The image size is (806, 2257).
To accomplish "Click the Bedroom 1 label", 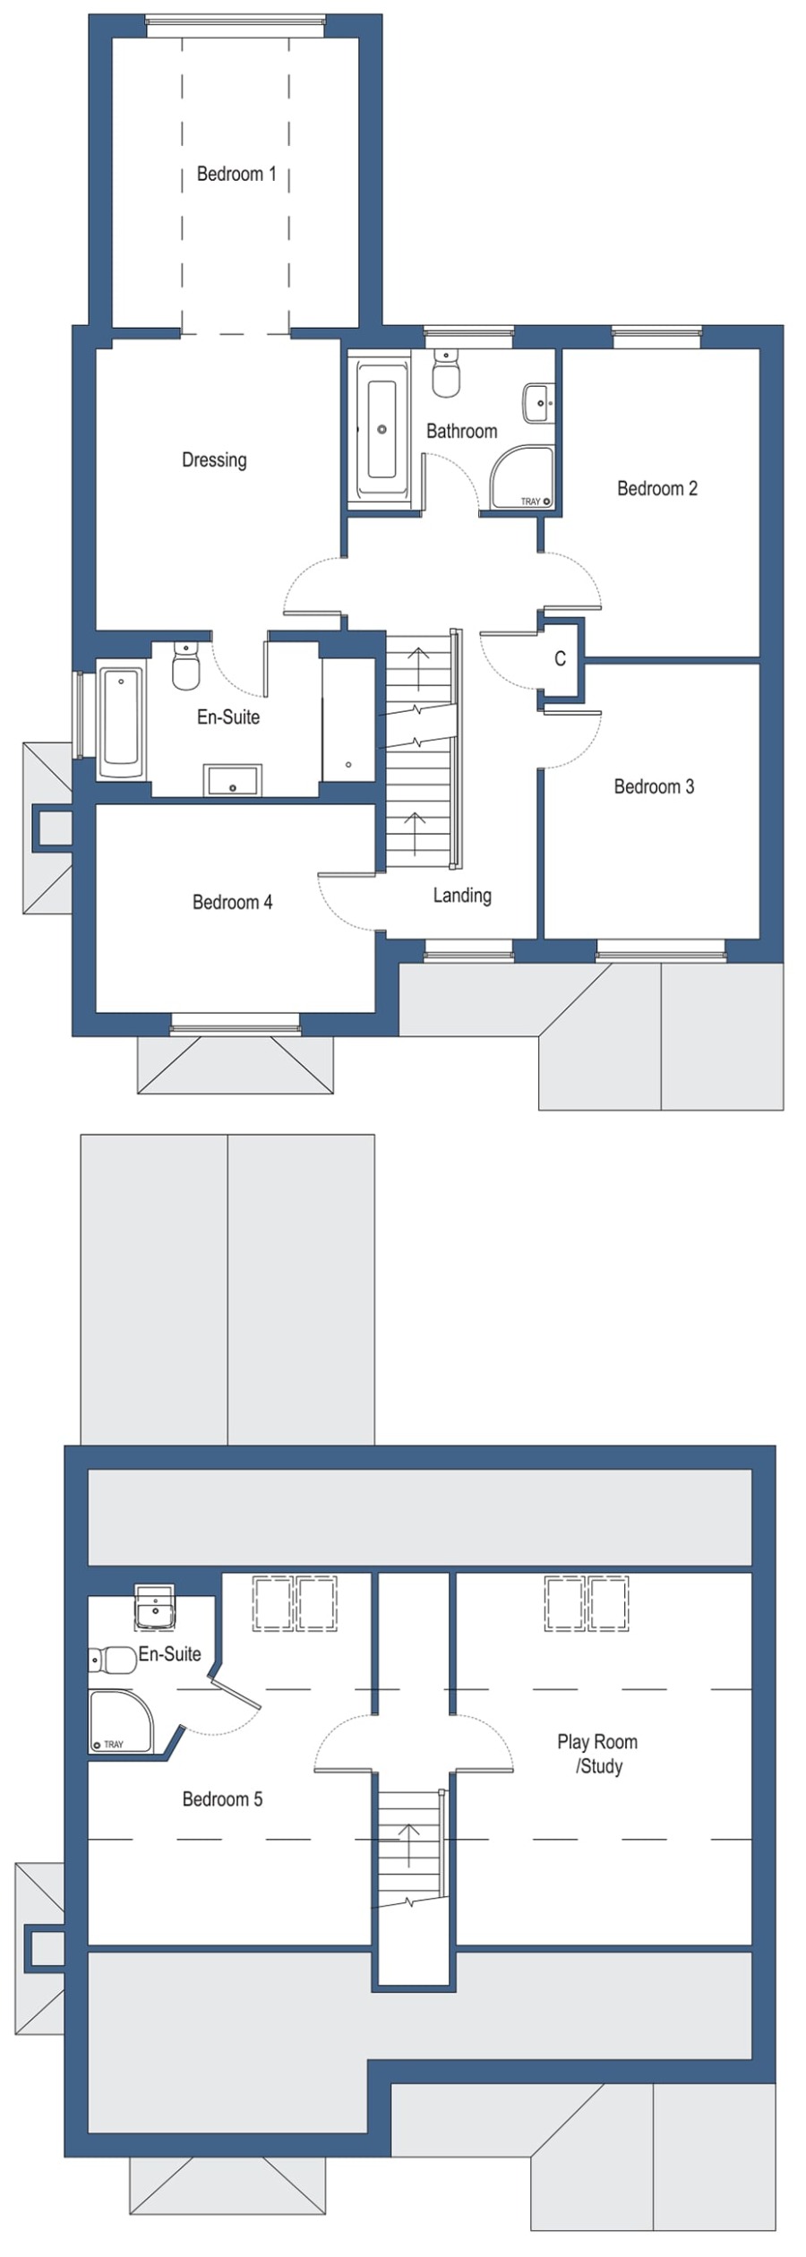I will (236, 174).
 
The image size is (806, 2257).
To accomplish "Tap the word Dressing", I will (213, 460).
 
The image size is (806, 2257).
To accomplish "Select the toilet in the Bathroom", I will (445, 373).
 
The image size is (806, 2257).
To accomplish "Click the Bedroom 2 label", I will (656, 489).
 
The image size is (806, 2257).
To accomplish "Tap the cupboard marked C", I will (560, 659).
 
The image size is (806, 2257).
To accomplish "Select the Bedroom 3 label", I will (653, 787).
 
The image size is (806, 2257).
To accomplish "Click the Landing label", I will (461, 896).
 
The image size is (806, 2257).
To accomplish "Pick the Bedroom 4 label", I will (232, 903).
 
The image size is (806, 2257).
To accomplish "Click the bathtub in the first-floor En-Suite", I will (120, 722).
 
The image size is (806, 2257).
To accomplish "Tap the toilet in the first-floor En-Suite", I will (185, 667).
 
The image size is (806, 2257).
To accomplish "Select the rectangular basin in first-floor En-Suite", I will (233, 780).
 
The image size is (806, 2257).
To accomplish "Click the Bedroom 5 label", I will (222, 1799).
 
